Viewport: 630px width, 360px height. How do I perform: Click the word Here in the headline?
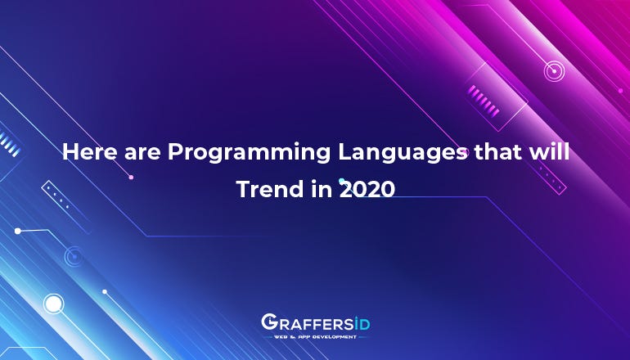click(x=88, y=152)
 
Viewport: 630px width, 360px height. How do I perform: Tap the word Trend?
click(x=263, y=189)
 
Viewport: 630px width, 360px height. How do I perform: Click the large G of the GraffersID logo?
click(x=269, y=322)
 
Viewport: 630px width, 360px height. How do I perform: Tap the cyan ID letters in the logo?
click(x=360, y=322)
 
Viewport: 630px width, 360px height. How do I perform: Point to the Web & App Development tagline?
click(x=314, y=336)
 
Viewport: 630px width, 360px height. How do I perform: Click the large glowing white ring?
click(x=53, y=304)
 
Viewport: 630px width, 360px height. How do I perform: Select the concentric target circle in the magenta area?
click(x=555, y=71)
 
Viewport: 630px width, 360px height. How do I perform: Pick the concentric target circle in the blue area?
click(x=74, y=257)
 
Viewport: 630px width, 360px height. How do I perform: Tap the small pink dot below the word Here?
click(x=131, y=177)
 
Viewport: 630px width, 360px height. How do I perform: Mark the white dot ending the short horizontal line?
click(x=17, y=231)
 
